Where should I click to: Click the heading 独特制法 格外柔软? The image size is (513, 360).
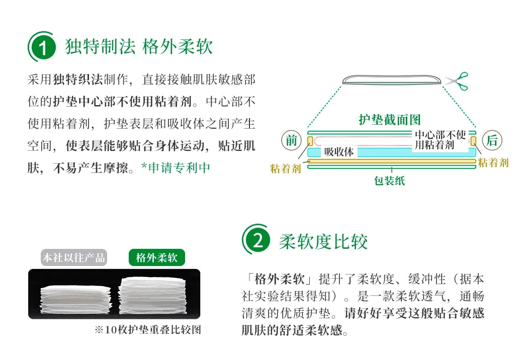pos(139,46)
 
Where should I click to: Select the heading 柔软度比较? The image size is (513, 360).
pos(323,242)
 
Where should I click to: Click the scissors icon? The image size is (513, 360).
pos(457,81)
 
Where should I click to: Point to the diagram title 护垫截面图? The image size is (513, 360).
pos(389,120)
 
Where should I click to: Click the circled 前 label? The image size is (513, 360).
pos(291,140)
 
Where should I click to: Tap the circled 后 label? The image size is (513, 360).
pos(492,140)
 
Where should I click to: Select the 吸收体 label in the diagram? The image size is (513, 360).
pos(339,152)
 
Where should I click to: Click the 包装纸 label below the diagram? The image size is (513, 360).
pos(389,181)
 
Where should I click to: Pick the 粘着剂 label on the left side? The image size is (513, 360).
pos(285,168)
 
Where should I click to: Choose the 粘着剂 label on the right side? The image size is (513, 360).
pos(493,162)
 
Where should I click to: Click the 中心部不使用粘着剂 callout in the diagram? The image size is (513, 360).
pos(440,140)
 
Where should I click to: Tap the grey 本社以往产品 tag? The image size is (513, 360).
pos(74,257)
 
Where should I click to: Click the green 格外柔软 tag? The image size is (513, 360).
pos(157,257)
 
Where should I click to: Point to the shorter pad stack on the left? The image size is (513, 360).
pos(75,299)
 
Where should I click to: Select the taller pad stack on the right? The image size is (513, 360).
pos(152,295)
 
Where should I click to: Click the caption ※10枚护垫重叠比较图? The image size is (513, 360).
pos(147,330)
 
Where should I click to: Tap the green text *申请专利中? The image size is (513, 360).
pos(176,168)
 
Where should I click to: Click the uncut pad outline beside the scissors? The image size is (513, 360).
pos(392,79)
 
